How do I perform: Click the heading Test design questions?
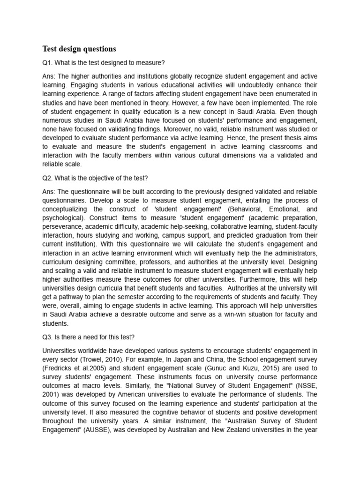point(79,49)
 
